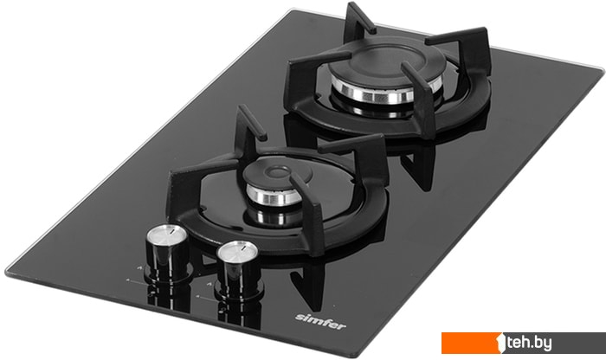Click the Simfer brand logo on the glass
320,321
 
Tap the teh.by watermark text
529,342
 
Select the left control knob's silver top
166,234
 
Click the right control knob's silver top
237,251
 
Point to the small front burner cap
277,174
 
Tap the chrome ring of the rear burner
385,92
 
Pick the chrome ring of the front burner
274,196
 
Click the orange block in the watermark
472,343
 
